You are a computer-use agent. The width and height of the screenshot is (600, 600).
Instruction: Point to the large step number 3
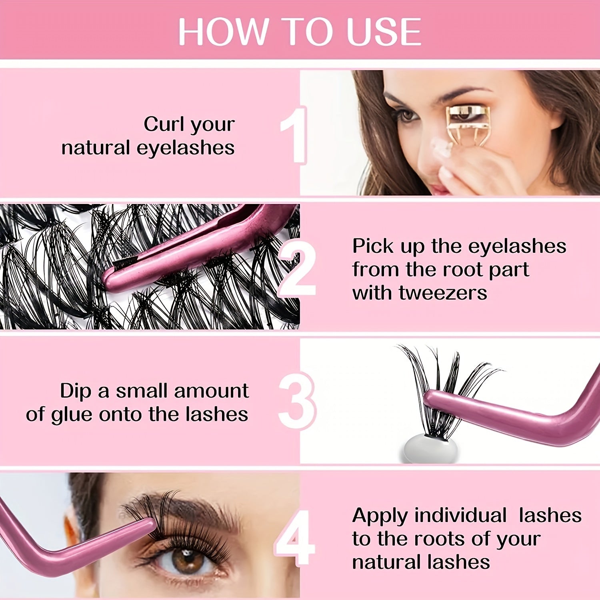point(297,401)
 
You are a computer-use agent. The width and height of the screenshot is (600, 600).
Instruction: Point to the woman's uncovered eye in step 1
point(408,116)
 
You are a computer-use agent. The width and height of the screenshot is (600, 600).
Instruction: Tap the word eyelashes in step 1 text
point(186,148)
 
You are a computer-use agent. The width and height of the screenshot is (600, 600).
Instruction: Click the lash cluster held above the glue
point(444,380)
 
